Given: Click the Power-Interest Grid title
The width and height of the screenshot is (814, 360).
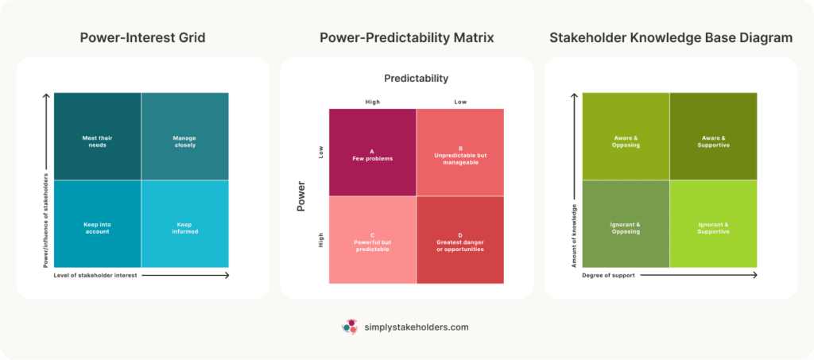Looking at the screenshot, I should (x=143, y=37).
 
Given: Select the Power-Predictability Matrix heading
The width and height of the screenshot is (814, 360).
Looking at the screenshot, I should (x=406, y=37).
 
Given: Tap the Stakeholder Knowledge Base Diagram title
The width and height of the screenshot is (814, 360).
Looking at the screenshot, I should (x=670, y=37).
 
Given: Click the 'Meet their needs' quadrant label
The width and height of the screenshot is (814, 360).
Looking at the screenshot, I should (x=97, y=141).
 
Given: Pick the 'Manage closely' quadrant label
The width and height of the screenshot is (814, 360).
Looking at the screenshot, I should (x=184, y=141).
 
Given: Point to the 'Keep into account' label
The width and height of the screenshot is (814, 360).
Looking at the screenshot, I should (x=97, y=228).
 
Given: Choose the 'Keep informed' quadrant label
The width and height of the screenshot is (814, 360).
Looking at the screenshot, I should (x=184, y=228).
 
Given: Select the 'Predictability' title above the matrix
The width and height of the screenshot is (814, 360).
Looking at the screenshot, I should (x=416, y=79).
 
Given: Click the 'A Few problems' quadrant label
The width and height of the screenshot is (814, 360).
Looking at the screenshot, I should (x=372, y=154).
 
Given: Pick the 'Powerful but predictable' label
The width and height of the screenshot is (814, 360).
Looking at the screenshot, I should (x=372, y=242).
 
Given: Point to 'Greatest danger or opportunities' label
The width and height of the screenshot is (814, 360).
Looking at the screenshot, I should (x=459, y=242).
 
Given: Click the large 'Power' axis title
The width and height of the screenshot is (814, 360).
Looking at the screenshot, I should (x=301, y=197).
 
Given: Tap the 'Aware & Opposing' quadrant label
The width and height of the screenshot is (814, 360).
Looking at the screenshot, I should (x=626, y=141).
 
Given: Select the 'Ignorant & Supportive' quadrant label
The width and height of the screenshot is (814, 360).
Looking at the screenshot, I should (x=713, y=228).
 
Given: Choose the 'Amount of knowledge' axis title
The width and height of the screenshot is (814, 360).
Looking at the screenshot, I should (x=574, y=236).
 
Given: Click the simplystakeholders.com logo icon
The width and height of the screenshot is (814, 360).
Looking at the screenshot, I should (x=349, y=327).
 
